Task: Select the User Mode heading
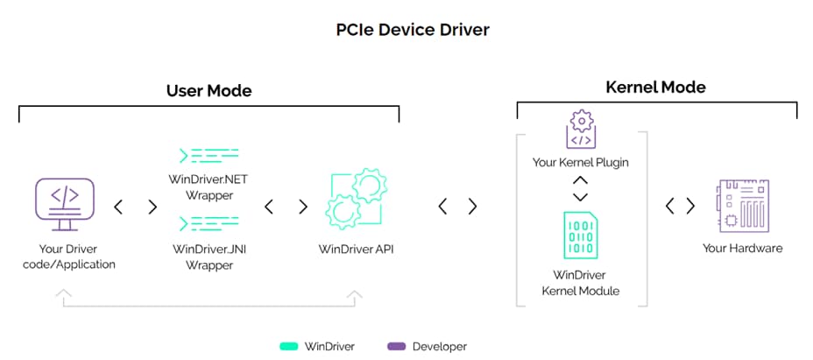point(209,90)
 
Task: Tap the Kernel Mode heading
point(655,87)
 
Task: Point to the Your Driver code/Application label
point(68,257)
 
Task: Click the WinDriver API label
point(357,249)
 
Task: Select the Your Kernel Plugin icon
point(580,130)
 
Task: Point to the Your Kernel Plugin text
point(580,162)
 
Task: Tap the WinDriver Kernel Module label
point(580,281)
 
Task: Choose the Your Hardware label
point(742,248)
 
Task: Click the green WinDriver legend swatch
point(287,346)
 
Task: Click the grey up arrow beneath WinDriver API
point(356,297)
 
